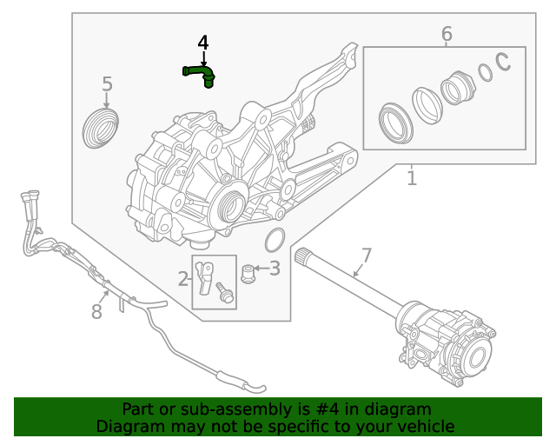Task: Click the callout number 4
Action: [x=203, y=43]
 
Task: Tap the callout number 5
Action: [x=107, y=84]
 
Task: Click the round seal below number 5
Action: [x=100, y=128]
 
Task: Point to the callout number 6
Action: [x=447, y=34]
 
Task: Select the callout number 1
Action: [x=412, y=178]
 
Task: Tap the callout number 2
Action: [x=183, y=279]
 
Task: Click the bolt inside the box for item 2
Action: [x=225, y=293]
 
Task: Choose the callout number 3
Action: [x=275, y=269]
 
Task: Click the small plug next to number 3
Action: [x=248, y=274]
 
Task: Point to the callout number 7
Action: [x=367, y=256]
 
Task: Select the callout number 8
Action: [x=97, y=310]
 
